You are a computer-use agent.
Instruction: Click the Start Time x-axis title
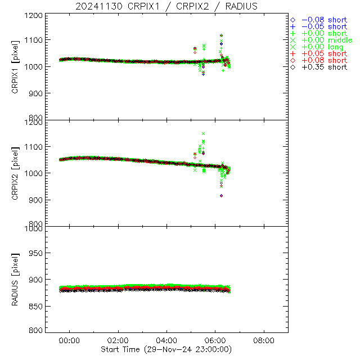pos(168,349)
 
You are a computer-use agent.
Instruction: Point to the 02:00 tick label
pos(118,340)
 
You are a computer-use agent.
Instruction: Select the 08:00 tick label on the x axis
pos(264,340)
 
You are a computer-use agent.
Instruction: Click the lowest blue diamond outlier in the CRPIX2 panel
pos(222,195)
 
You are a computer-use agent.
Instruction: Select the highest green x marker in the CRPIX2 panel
pos(203,134)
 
